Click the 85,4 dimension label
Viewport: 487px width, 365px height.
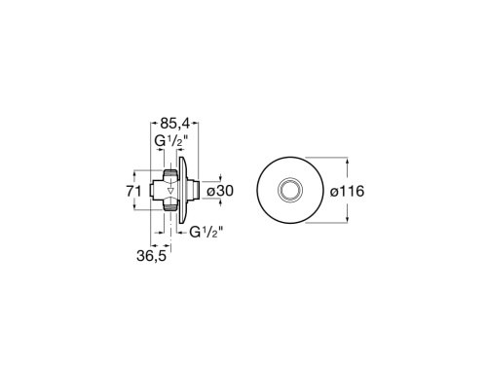point(173,125)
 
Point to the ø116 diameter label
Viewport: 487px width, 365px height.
point(346,192)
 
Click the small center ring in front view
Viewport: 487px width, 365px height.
point(291,191)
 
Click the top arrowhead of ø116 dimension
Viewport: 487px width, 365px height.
point(342,157)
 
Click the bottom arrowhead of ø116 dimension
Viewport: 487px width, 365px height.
point(342,225)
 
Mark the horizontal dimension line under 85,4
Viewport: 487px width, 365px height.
point(175,134)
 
